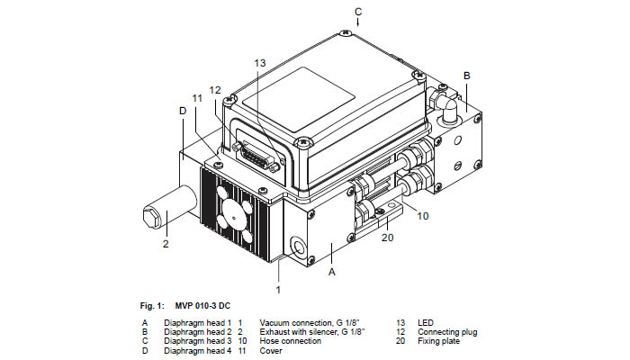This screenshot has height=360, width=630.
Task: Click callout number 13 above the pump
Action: pyautogui.click(x=260, y=63)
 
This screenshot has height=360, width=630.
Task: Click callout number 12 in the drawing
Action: pyautogui.click(x=215, y=89)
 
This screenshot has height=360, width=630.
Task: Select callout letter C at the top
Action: pyautogui.click(x=358, y=12)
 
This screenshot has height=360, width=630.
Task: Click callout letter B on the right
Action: pyautogui.click(x=466, y=75)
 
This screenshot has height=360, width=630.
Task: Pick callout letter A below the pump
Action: pyautogui.click(x=332, y=270)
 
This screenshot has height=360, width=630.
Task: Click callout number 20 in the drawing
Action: pyautogui.click(x=387, y=237)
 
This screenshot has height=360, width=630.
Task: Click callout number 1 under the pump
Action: pyautogui.click(x=278, y=290)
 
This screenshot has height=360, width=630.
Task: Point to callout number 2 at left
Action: pyautogui.click(x=166, y=243)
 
